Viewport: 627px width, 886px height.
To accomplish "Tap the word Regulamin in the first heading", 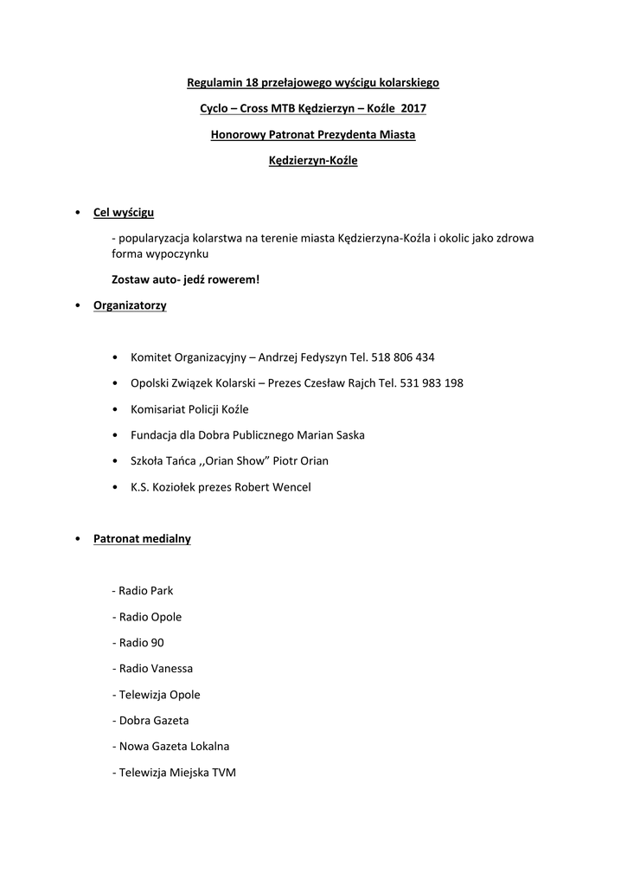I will click(213, 83).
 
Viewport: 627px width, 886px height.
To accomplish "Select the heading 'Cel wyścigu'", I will click(125, 212).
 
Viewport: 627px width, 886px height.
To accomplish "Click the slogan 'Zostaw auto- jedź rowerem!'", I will click(185, 279).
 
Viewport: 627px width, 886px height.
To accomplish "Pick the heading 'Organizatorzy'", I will click(130, 305).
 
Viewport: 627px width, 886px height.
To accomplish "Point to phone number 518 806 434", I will click(403, 357).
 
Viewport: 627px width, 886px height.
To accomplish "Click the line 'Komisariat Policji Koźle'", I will click(189, 409).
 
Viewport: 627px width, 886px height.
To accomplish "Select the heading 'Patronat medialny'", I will click(142, 539).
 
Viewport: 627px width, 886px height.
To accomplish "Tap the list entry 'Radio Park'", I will click(143, 591).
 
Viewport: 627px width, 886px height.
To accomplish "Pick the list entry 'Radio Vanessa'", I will click(153, 669).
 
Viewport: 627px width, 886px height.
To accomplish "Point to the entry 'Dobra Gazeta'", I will click(151, 721).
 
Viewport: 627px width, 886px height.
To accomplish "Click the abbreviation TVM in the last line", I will click(224, 773).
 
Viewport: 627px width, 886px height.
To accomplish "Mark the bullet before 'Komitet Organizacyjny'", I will click(116, 357).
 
